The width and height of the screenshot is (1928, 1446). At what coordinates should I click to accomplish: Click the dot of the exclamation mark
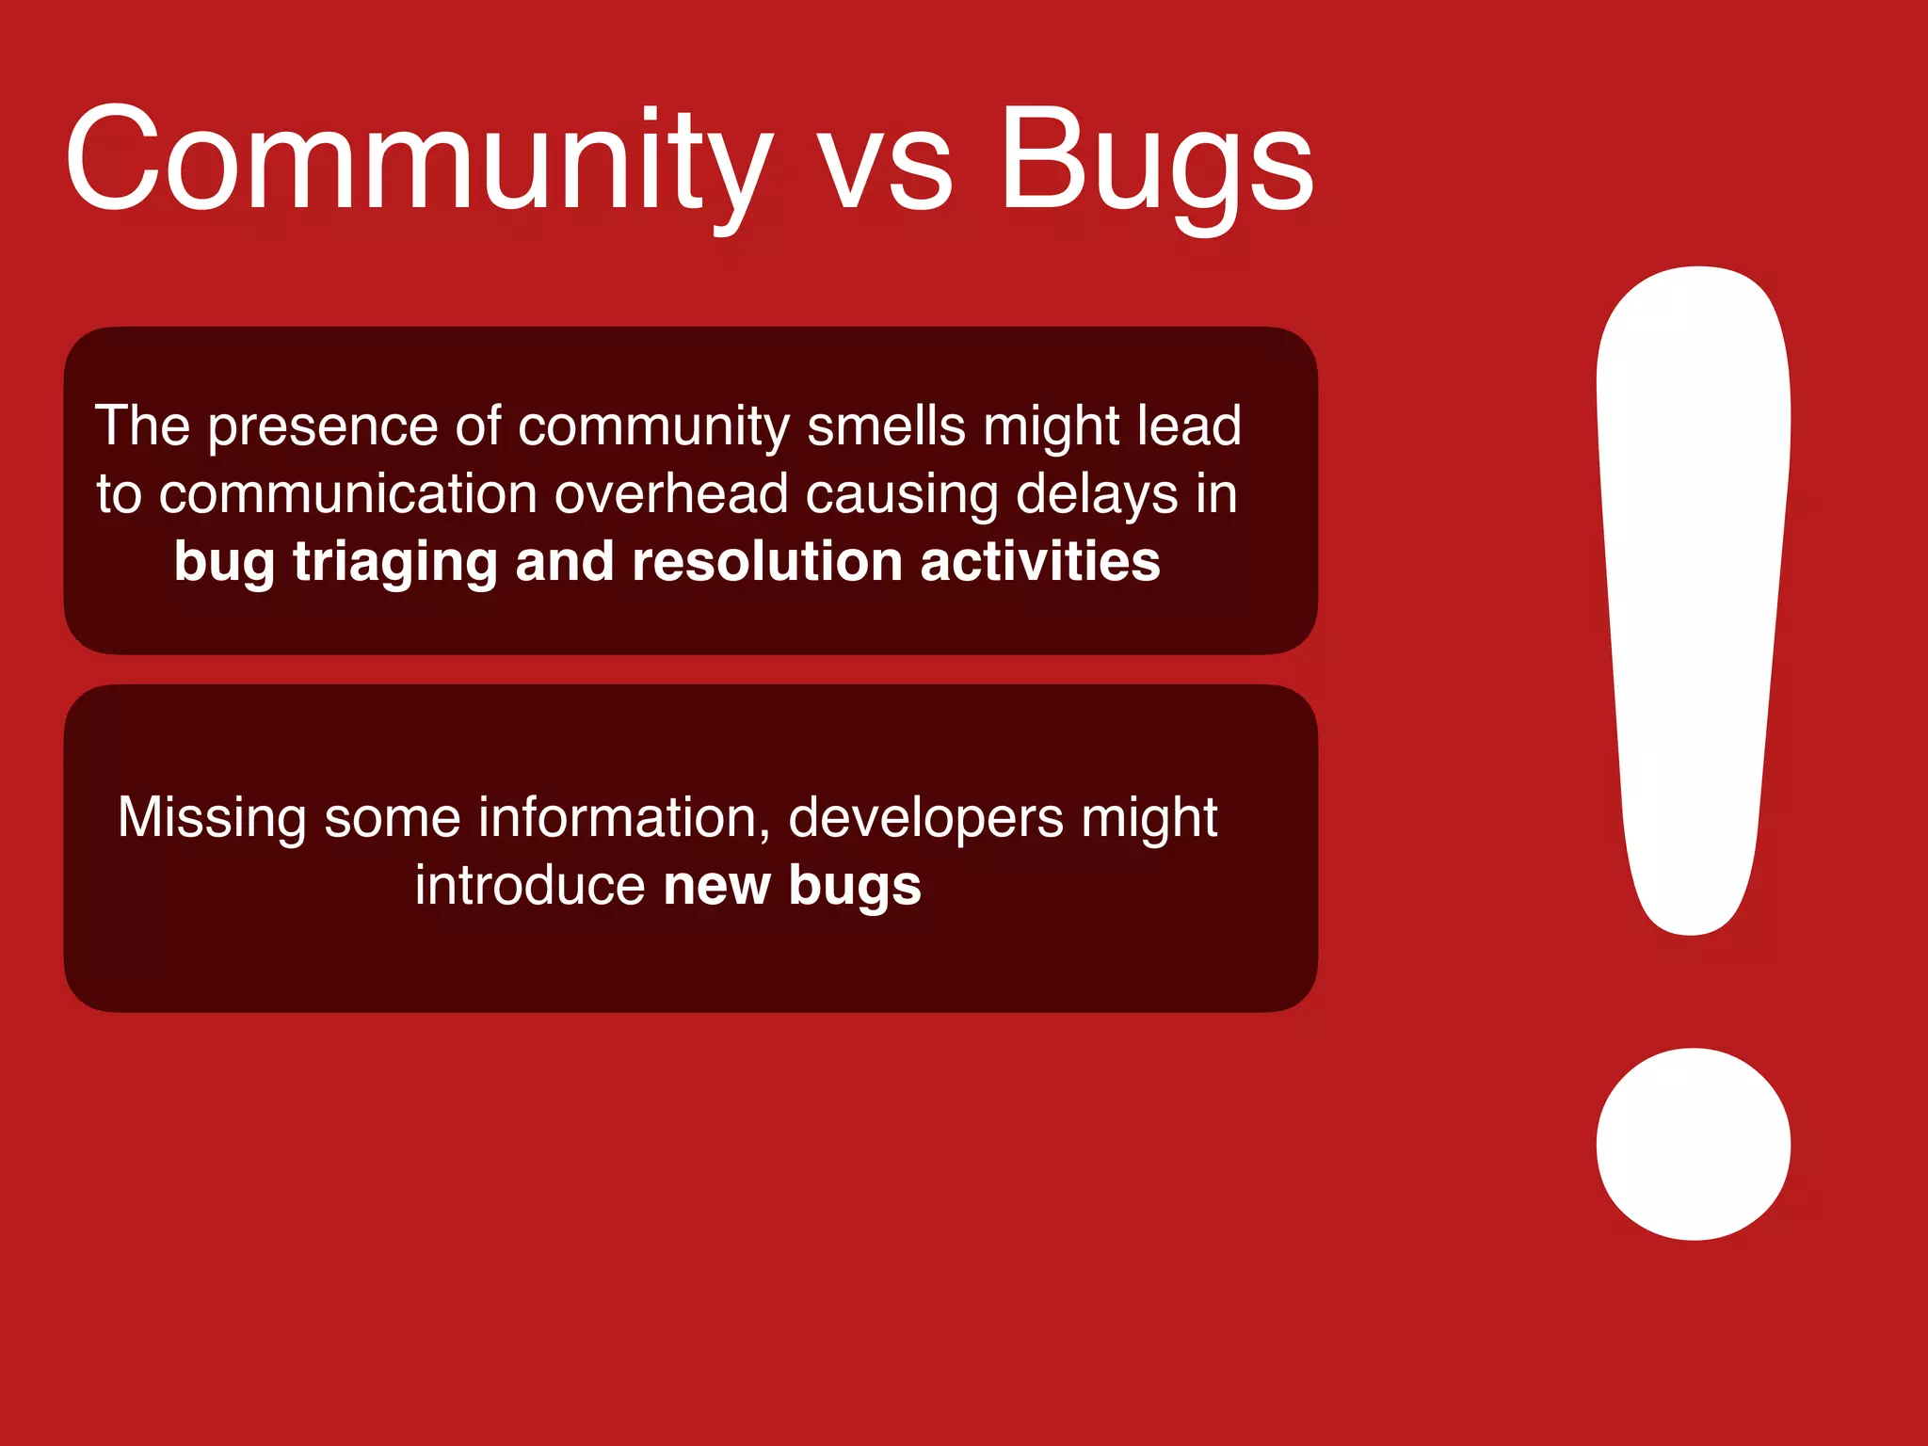click(x=1693, y=1144)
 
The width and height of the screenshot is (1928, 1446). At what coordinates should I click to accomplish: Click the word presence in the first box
click(x=323, y=426)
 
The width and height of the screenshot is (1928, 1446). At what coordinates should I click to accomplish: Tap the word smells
click(x=886, y=426)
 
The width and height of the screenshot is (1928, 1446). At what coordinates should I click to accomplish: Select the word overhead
click(x=670, y=494)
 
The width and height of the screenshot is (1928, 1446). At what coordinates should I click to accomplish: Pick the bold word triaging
click(x=394, y=563)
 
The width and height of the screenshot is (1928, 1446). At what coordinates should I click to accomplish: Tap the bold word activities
click(x=1039, y=562)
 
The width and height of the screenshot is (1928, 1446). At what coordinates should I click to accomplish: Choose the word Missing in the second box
click(x=212, y=818)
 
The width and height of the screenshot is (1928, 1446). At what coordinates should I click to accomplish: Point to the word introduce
click(x=530, y=886)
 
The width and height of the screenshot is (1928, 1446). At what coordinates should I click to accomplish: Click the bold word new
click(x=716, y=886)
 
